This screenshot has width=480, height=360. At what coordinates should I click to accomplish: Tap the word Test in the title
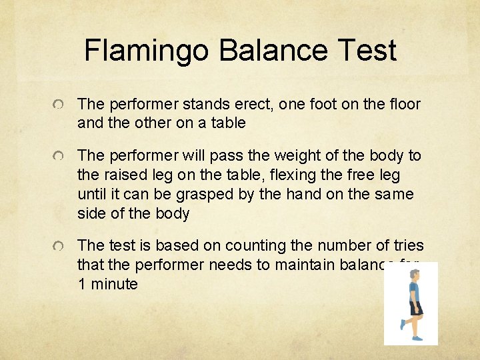pyautogui.click(x=365, y=51)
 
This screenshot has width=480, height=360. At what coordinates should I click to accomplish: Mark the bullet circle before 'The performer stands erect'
pyautogui.click(x=61, y=106)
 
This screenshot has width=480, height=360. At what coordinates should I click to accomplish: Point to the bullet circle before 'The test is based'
pyautogui.click(x=61, y=247)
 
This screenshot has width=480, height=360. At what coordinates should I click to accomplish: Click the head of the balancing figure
pyautogui.click(x=413, y=275)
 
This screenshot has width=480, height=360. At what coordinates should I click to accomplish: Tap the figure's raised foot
pyautogui.click(x=402, y=326)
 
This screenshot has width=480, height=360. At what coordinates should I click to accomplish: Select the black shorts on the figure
pyautogui.click(x=415, y=307)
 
